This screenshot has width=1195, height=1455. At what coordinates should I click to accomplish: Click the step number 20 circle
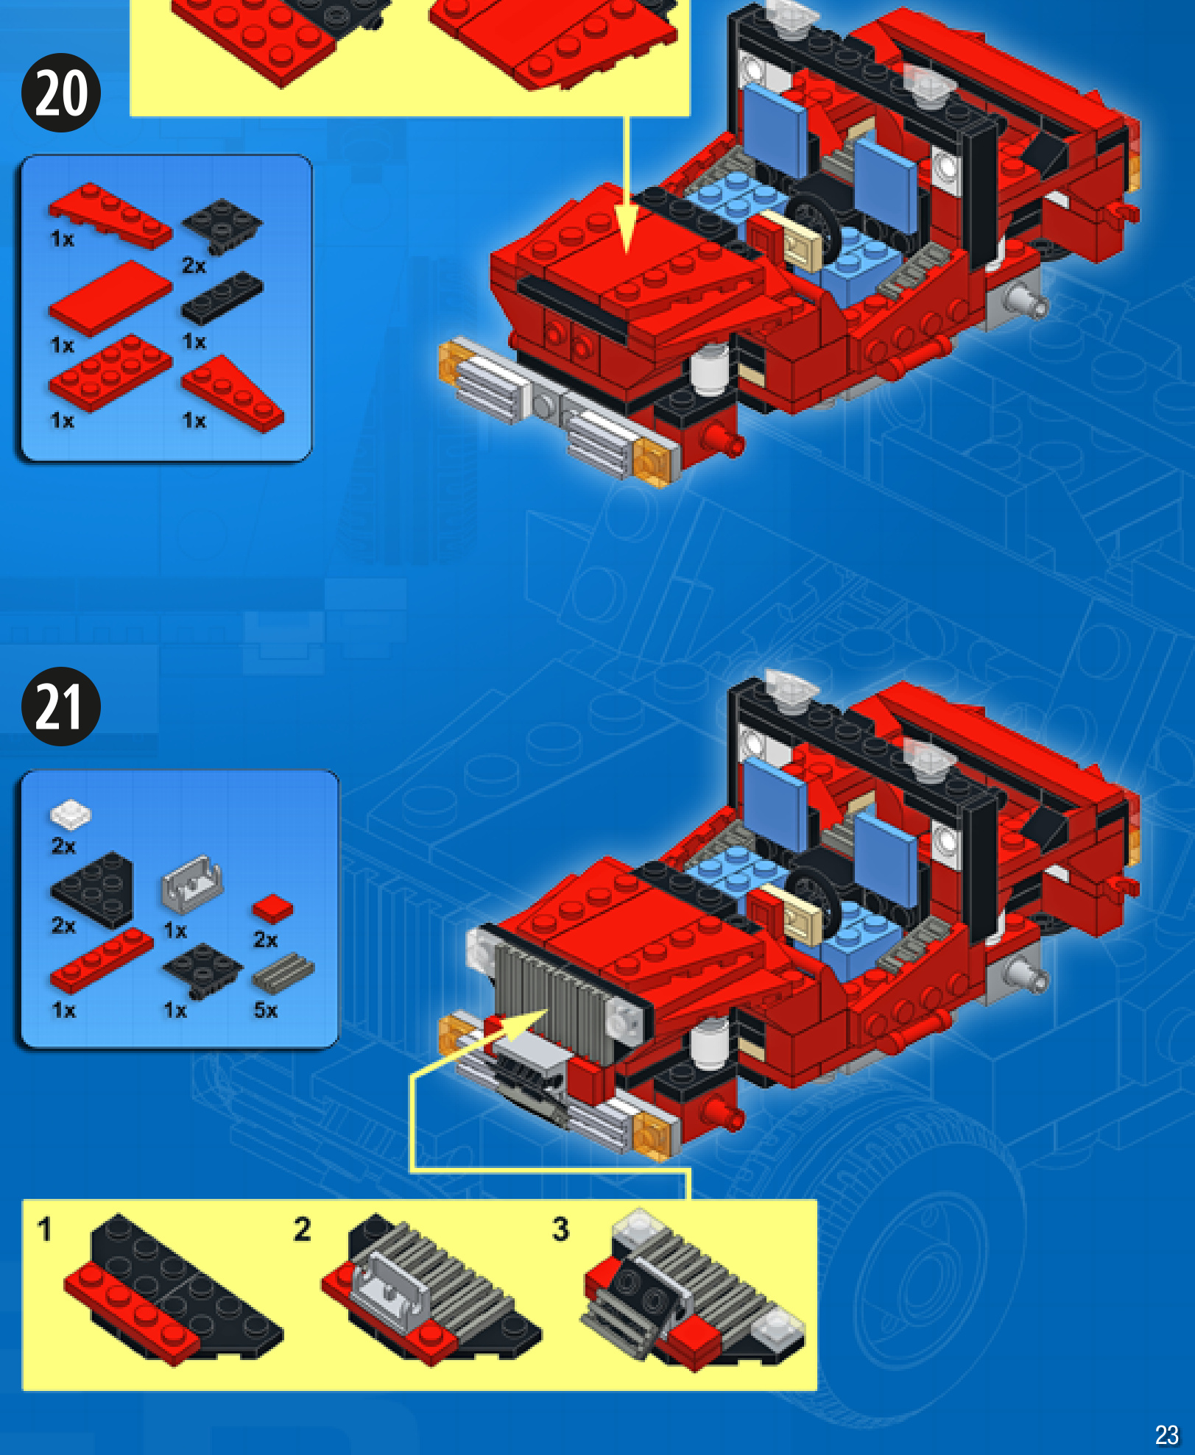tap(61, 93)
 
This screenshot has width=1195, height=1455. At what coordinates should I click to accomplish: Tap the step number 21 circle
tap(61, 707)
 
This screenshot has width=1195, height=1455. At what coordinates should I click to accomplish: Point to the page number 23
tap(1167, 1434)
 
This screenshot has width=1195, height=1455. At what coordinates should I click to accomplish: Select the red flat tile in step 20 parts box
tap(110, 297)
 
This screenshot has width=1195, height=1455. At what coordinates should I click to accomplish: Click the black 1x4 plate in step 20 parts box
tap(222, 297)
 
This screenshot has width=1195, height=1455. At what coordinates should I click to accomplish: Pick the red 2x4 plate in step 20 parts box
tap(110, 372)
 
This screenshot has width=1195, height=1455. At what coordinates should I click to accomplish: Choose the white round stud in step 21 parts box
tap(70, 815)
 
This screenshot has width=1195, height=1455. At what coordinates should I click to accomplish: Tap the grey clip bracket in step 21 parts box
tap(191, 885)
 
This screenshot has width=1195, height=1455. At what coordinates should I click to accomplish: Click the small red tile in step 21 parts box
tap(272, 909)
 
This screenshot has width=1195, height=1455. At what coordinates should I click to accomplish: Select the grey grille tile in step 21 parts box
tap(283, 971)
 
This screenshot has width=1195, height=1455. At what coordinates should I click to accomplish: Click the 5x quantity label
tap(266, 1010)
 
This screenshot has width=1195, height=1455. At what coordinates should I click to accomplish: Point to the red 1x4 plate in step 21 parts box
tap(102, 960)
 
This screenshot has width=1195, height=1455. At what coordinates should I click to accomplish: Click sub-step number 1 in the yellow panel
tap(45, 1229)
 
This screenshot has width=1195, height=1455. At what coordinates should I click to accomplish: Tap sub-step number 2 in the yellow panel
tap(302, 1229)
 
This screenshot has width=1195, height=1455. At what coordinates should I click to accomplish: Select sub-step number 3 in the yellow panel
tap(560, 1229)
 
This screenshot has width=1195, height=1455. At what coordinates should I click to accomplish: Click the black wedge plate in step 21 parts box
tap(94, 889)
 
